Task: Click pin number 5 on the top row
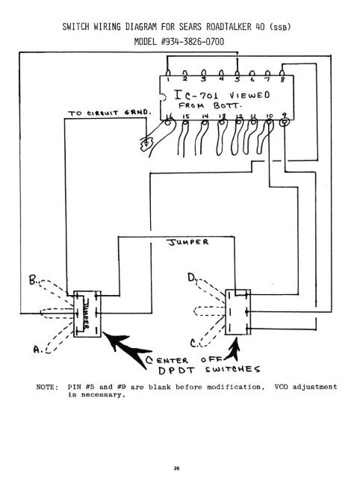[238, 78]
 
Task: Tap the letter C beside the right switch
[196, 343]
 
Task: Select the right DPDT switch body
[240, 311]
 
